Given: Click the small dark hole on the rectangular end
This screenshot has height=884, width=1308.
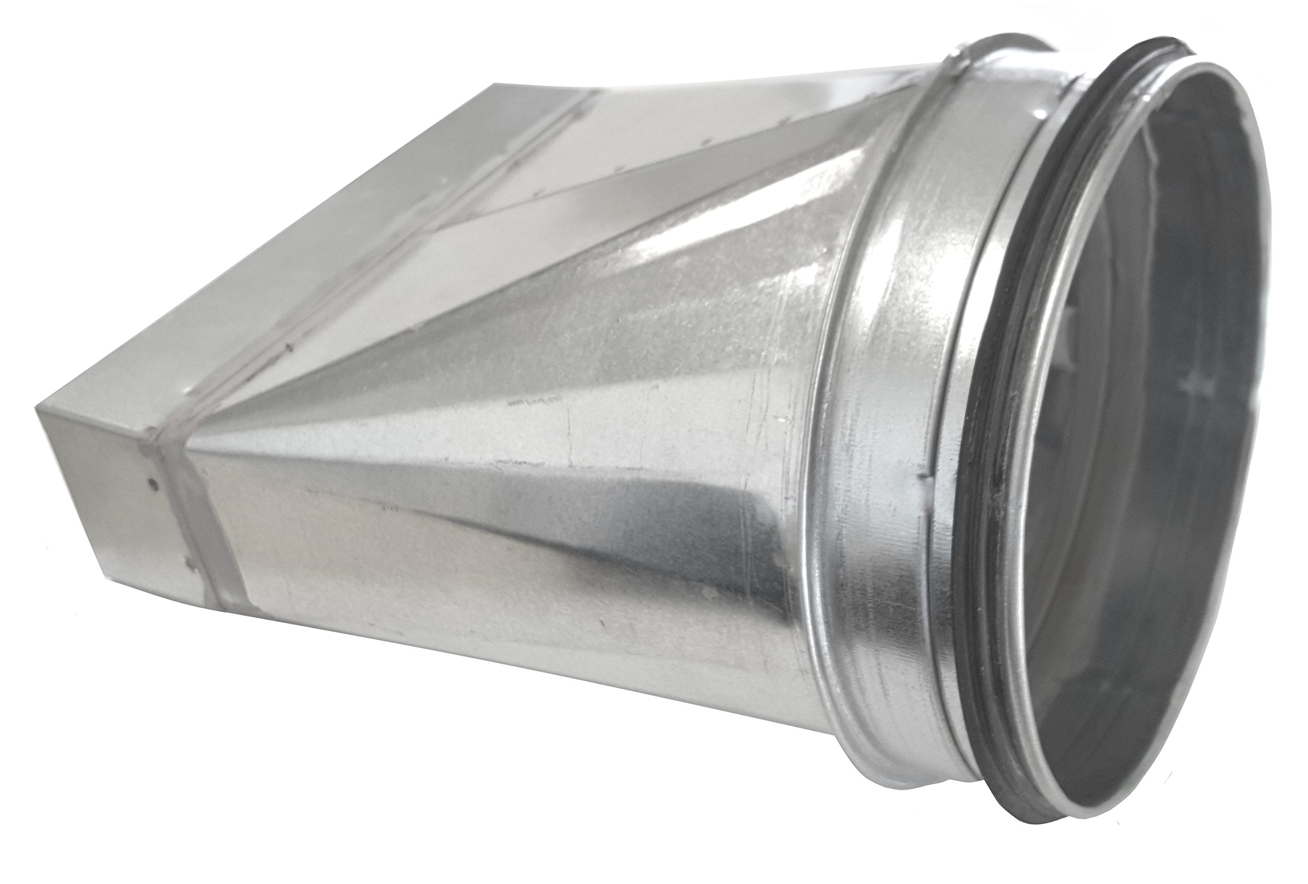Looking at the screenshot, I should point(154,465).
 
